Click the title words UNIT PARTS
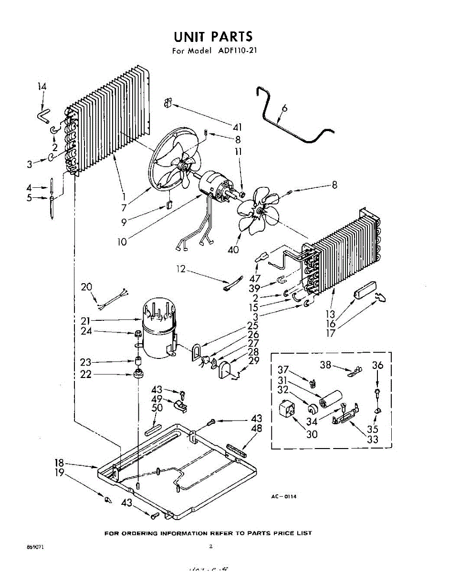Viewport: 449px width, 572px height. tap(213, 36)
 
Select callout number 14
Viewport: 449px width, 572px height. tap(42, 86)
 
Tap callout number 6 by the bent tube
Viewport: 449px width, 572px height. tap(284, 109)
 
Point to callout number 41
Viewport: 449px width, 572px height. tap(237, 127)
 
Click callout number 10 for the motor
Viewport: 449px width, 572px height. tap(123, 242)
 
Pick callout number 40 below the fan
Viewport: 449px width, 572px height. tap(233, 249)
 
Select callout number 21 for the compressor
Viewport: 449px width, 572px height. tap(86, 320)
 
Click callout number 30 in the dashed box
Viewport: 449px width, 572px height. tap(312, 434)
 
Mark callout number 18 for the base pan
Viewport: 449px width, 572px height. tap(59, 463)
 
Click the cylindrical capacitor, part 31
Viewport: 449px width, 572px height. tap(332, 398)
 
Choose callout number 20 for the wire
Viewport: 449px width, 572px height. tap(86, 287)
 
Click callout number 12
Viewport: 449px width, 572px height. tap(180, 269)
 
